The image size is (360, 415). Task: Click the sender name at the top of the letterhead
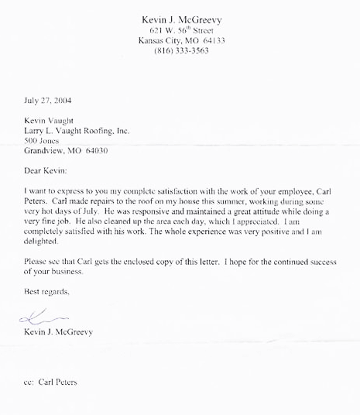pyautogui.click(x=178, y=18)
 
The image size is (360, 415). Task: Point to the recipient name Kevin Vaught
pyautogui.click(x=51, y=121)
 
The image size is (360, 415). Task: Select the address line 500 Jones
pyautogui.click(x=43, y=142)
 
